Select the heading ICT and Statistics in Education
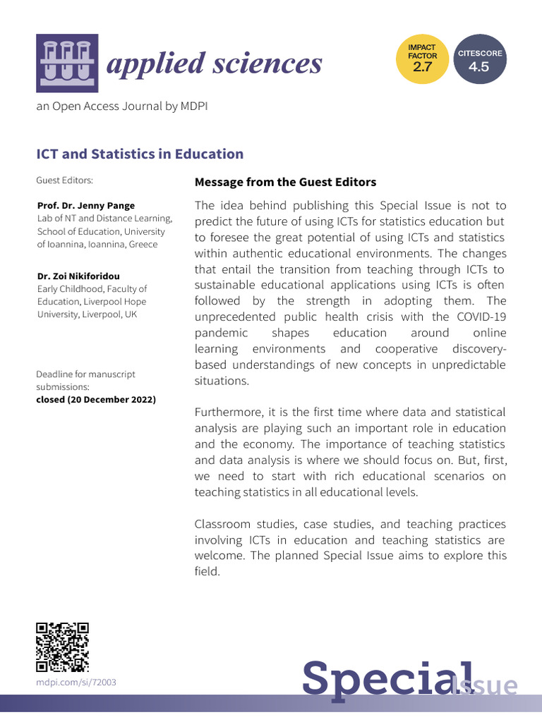click(140, 154)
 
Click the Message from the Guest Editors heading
click(285, 183)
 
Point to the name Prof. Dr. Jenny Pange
click(86, 206)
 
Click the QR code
click(63, 647)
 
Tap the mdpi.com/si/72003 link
click(76, 683)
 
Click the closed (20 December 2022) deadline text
click(96, 400)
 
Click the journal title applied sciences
click(213, 63)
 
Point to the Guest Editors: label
click(64, 180)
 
